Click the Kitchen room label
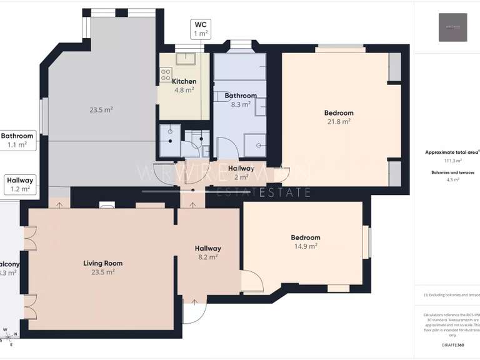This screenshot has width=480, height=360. (184, 81)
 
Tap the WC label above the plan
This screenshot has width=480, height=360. (200, 24)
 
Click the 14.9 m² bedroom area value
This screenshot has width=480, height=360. (306, 246)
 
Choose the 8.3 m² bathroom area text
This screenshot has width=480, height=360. (241, 104)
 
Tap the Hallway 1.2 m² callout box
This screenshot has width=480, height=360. (20, 184)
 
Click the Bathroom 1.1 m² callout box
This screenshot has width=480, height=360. (17, 140)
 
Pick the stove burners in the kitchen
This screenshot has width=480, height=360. (166, 75)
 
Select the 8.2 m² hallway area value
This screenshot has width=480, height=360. (208, 257)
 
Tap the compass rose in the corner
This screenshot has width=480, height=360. (6, 336)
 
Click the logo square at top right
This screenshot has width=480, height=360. (452, 27)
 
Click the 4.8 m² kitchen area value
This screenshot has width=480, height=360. (184, 90)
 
